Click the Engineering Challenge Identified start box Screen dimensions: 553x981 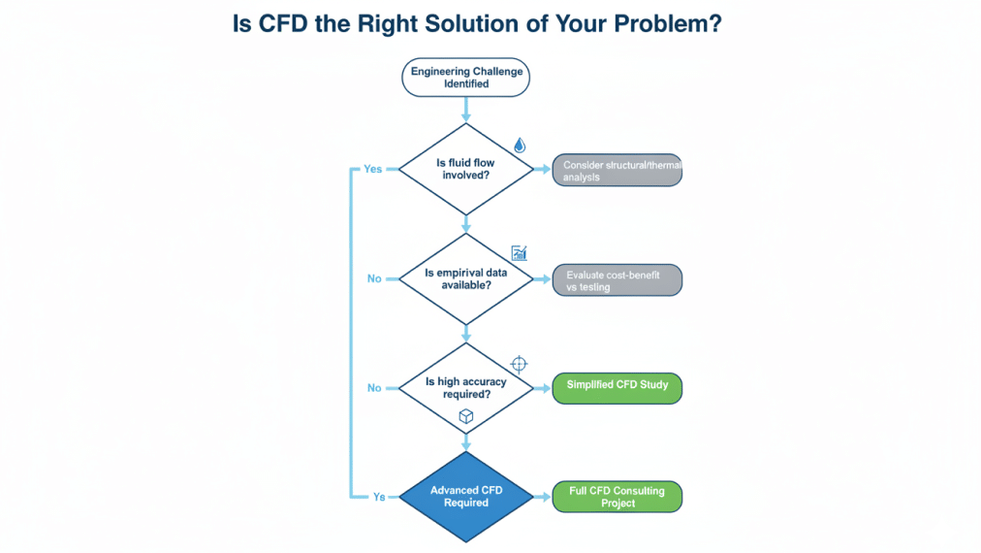(465, 78)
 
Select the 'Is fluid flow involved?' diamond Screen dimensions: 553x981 (465, 169)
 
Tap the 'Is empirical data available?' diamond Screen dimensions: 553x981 (465, 278)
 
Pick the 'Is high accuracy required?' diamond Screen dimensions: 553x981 (465, 387)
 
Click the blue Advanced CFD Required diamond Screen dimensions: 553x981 (465, 497)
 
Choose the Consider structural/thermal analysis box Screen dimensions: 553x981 (617, 171)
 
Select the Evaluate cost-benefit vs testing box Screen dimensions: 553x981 (617, 280)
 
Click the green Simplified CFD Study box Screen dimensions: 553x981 (617, 386)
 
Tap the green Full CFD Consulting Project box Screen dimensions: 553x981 (617, 497)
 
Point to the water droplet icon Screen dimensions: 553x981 (520, 145)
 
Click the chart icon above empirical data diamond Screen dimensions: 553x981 (519, 253)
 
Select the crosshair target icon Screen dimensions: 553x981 (519, 364)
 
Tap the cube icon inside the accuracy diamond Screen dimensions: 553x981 (465, 415)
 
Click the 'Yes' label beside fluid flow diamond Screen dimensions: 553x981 (373, 169)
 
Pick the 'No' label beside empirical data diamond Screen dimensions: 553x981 (374, 278)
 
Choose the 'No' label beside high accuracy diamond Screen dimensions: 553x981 (374, 388)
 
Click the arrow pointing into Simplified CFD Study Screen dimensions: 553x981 (544, 387)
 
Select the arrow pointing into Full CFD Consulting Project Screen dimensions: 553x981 (544, 497)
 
